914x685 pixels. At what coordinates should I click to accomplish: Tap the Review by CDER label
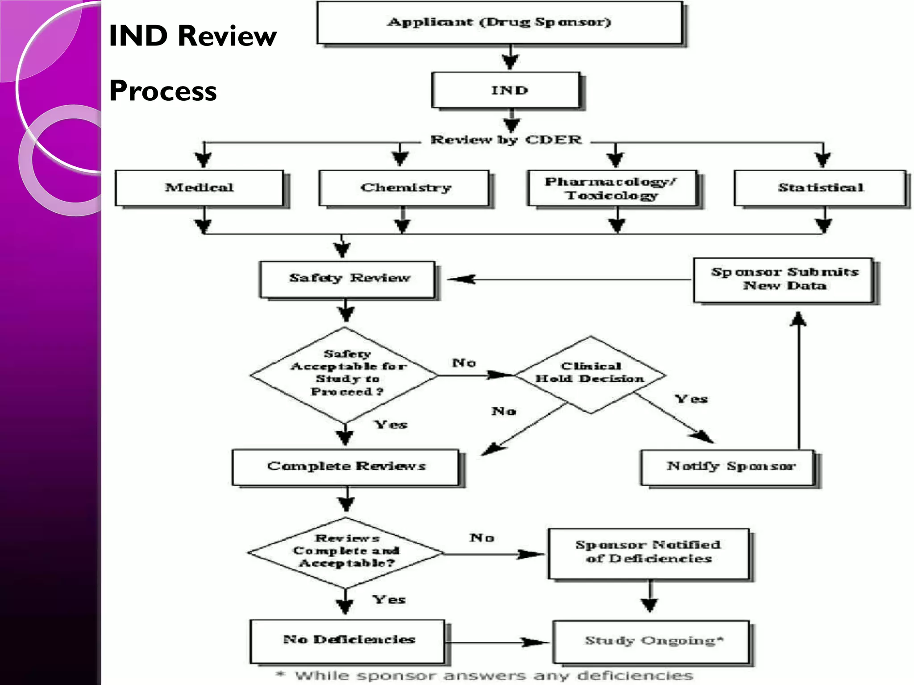coord(506,140)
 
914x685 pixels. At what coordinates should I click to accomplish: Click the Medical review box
coord(199,188)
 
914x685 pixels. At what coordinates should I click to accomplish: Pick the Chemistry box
coord(404,188)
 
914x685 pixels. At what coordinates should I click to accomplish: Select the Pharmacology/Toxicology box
coord(611,188)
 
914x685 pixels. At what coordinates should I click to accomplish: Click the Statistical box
coord(820,188)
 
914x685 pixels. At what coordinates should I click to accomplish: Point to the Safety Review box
coord(347,279)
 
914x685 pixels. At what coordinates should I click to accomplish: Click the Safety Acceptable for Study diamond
coord(345,375)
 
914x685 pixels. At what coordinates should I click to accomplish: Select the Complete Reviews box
coord(345,467)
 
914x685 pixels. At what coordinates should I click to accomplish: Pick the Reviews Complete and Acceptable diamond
coord(345,552)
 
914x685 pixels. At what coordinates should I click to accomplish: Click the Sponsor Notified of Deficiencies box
coord(648,553)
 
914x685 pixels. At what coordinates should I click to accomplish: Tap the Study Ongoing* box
coord(651,641)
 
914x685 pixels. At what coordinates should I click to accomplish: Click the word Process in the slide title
coord(163,91)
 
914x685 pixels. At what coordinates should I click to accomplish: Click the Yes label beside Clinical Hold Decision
coord(691,399)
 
